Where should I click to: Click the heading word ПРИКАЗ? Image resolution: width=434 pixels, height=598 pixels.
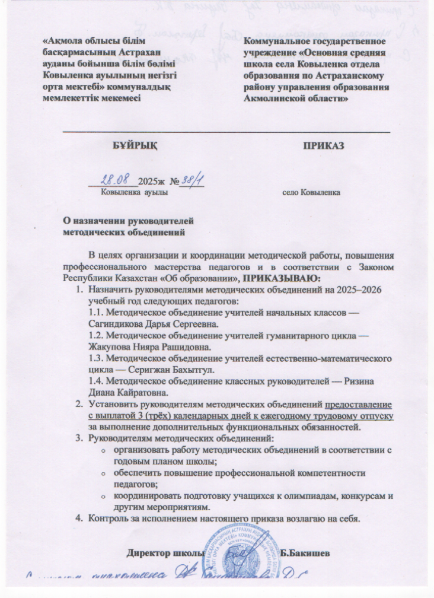click(324, 144)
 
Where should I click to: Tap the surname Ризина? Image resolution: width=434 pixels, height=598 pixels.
click(358, 381)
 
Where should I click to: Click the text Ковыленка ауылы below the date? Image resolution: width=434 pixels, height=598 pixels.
click(133, 193)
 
